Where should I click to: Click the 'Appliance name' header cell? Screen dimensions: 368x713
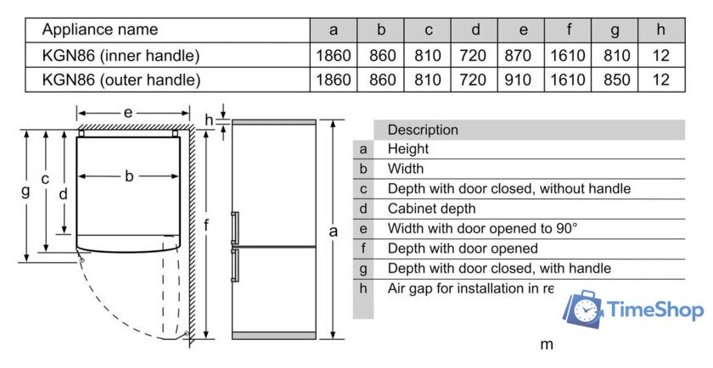(x=100, y=30)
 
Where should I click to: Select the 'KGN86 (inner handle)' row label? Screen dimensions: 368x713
(x=121, y=56)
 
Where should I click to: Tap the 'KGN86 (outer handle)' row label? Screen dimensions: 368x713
(x=121, y=81)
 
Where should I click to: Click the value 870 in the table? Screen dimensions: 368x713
(x=523, y=56)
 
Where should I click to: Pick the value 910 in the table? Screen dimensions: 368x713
(x=523, y=81)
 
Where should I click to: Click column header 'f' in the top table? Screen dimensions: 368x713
(x=569, y=30)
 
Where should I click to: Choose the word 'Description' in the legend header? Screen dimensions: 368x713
(x=423, y=130)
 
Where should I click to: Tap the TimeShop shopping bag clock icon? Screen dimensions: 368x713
(x=584, y=309)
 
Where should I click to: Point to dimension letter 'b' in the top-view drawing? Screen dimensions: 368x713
(x=129, y=176)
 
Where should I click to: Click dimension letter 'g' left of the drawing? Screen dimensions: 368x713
(x=25, y=192)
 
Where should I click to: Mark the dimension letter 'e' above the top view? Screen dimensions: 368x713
(x=127, y=112)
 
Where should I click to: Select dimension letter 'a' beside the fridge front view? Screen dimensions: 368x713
(x=334, y=230)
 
